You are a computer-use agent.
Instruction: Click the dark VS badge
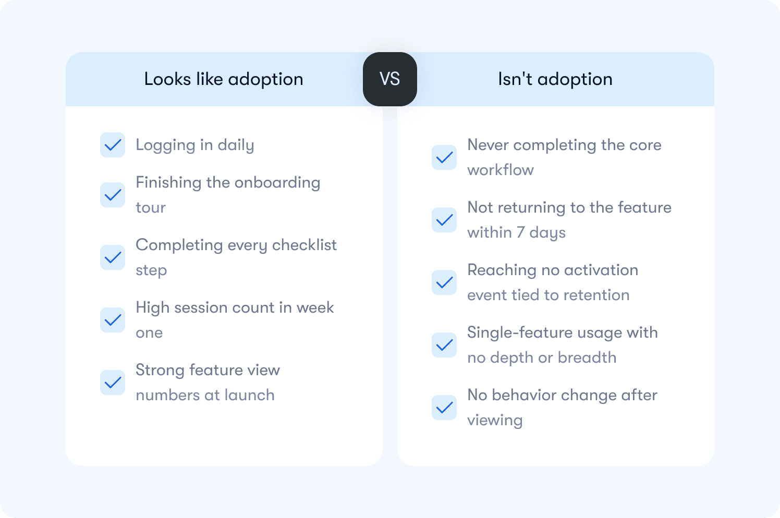pyautogui.click(x=390, y=79)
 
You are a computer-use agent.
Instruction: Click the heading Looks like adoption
pyautogui.click(x=224, y=79)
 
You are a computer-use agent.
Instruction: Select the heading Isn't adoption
pyautogui.click(x=555, y=79)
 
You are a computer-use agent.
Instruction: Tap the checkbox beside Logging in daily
pyautogui.click(x=113, y=145)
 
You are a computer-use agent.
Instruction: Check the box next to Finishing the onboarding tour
pyautogui.click(x=113, y=195)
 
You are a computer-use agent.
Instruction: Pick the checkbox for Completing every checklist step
pyautogui.click(x=113, y=257)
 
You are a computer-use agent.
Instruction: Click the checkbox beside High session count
pyautogui.click(x=113, y=320)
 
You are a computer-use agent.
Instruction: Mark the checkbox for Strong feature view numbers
pyautogui.click(x=113, y=383)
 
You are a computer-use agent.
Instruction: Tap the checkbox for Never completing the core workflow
pyautogui.click(x=444, y=157)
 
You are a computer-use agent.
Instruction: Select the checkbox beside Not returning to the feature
pyautogui.click(x=444, y=220)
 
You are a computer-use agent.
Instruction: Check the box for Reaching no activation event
pyautogui.click(x=444, y=282)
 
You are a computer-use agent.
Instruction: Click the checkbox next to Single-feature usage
pyautogui.click(x=444, y=345)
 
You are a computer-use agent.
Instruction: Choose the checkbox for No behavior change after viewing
pyautogui.click(x=444, y=408)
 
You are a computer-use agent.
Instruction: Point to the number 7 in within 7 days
pyautogui.click(x=520, y=232)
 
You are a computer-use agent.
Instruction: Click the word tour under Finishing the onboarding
pyautogui.click(x=151, y=207)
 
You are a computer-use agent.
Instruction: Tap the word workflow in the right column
pyautogui.click(x=501, y=170)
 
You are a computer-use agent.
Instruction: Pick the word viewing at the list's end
pyautogui.click(x=495, y=420)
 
